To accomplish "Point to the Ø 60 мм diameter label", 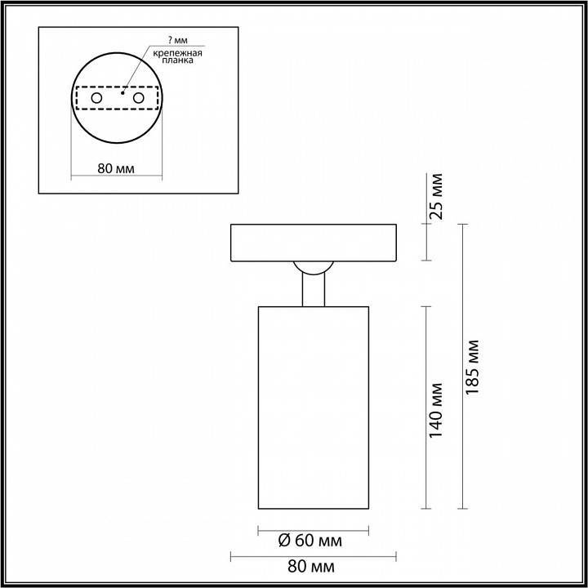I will tap(310, 541).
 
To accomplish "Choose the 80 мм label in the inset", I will tap(116, 169).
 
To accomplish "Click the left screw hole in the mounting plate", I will tap(96, 98).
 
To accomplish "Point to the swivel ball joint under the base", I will tap(313, 267).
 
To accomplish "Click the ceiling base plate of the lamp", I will tap(313, 243).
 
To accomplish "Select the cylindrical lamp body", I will tap(313, 408).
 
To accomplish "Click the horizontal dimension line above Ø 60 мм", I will tap(313, 528).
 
